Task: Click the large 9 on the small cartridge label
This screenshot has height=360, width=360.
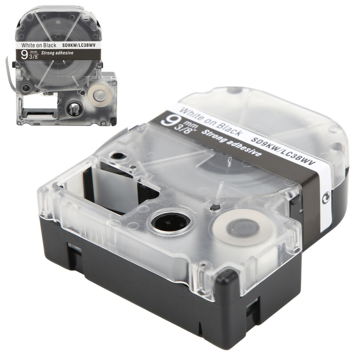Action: [x=24, y=55]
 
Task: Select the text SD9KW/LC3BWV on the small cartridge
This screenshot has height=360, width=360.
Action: [x=82, y=45]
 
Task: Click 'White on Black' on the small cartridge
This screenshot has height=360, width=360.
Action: [x=39, y=45]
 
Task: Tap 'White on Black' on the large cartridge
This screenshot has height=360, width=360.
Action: [x=210, y=120]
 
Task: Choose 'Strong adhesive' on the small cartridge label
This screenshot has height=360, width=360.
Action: [x=57, y=53]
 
